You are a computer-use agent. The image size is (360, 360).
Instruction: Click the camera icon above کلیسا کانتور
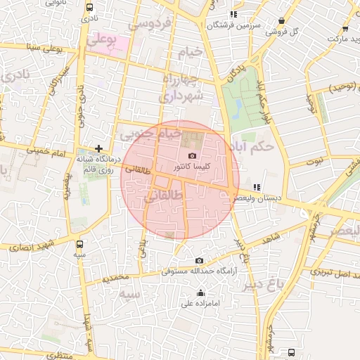pyautogui.click(x=193, y=155)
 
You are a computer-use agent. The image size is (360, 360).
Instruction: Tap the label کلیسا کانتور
pyautogui.click(x=193, y=167)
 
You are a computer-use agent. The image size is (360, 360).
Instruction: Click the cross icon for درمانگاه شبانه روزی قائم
pyautogui.click(x=99, y=149)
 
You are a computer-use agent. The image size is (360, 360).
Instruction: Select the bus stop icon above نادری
pyautogui.click(x=89, y=6)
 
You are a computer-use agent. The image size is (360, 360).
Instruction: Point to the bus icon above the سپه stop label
pyautogui.click(x=79, y=244)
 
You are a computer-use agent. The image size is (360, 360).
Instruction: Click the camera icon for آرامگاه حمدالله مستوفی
pyautogui.click(x=199, y=261)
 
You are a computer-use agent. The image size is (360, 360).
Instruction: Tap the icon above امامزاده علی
pyautogui.click(x=201, y=293)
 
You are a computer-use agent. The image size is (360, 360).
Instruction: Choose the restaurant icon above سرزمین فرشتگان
pyautogui.click(x=233, y=14)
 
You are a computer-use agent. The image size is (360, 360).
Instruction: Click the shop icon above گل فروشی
pyautogui.click(x=281, y=21)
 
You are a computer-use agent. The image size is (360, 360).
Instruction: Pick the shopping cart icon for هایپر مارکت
pyautogui.click(x=345, y=29)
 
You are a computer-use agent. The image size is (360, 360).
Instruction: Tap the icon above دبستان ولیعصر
pyautogui.click(x=257, y=188)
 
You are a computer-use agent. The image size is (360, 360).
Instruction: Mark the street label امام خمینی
pyautogui.click(x=45, y=150)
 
